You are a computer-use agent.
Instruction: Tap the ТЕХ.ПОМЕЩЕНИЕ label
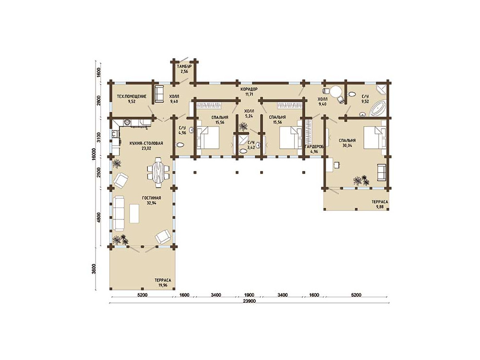[x=132, y=96]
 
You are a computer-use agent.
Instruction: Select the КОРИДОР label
[x=249, y=89]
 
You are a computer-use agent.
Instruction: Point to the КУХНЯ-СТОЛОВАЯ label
[x=146, y=143]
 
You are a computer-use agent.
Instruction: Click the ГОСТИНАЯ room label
[x=152, y=198]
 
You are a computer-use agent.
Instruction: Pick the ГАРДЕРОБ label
[x=314, y=147]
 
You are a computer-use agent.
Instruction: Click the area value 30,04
[x=347, y=146]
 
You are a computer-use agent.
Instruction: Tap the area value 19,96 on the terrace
[x=163, y=285]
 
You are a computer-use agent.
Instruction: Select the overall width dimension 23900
[x=250, y=301]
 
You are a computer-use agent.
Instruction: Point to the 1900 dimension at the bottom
[x=250, y=295]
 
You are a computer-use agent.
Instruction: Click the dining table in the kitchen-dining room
[x=158, y=172]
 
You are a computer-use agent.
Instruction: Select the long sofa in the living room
[x=119, y=214]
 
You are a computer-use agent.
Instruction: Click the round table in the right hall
[x=336, y=92]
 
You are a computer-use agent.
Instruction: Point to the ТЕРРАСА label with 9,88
[x=380, y=202]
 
